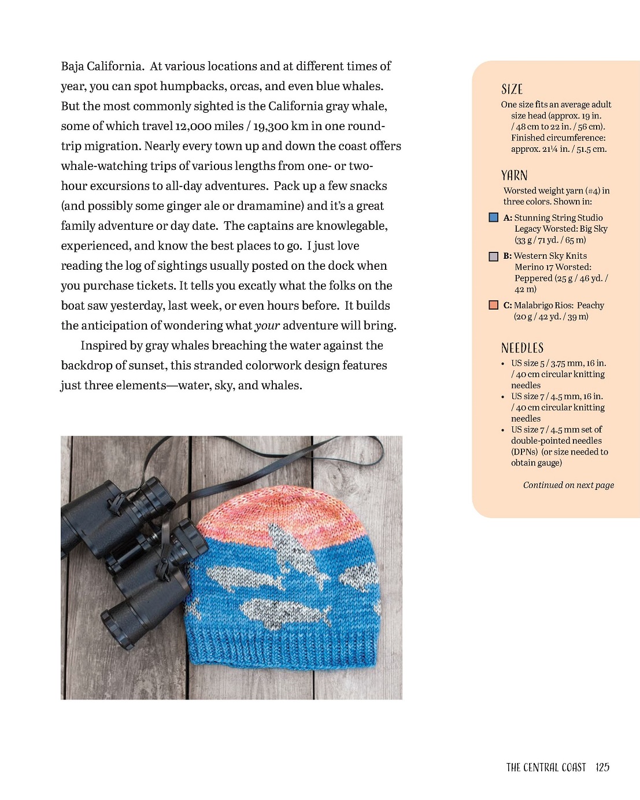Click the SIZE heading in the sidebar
click(x=512, y=90)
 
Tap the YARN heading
click(x=514, y=176)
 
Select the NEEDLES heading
click(x=522, y=348)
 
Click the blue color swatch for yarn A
click(x=494, y=218)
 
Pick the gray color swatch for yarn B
click(x=494, y=256)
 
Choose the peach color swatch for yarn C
click(x=494, y=305)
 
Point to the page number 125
click(x=602, y=767)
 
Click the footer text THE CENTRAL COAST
click(x=546, y=767)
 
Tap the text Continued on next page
click(x=568, y=485)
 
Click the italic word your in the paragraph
click(x=267, y=326)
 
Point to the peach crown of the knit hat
click(x=283, y=508)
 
